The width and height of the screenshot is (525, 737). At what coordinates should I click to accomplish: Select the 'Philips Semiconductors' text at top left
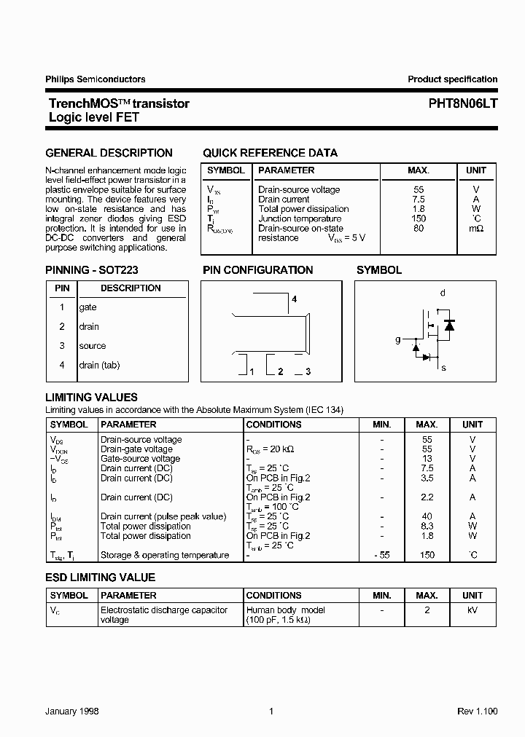[96, 79]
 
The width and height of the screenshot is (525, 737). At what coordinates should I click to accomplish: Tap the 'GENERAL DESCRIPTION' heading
[109, 153]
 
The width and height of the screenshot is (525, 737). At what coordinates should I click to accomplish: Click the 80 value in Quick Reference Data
[418, 229]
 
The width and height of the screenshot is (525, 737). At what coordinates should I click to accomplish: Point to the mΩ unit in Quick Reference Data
[475, 229]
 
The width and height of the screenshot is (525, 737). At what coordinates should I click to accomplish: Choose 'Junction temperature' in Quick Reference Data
[300, 218]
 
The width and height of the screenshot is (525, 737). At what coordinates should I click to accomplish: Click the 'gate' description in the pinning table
[88, 307]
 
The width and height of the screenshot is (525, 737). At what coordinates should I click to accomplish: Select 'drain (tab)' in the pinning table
[99, 365]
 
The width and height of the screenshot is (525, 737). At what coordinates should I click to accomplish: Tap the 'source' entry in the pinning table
[93, 346]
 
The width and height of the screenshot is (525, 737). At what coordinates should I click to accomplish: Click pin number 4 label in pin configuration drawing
[295, 299]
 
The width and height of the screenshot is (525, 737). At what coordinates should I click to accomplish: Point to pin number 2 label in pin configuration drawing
[280, 371]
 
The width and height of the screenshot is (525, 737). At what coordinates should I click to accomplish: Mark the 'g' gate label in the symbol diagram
[398, 339]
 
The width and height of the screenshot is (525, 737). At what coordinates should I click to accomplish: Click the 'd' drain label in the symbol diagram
[443, 293]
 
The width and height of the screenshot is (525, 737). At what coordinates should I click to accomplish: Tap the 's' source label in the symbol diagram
[443, 368]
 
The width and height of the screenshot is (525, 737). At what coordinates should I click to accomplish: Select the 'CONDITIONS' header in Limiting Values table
[274, 424]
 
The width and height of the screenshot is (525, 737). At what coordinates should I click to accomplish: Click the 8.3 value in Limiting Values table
[427, 526]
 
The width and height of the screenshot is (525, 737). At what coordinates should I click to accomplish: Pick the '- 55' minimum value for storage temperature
[381, 555]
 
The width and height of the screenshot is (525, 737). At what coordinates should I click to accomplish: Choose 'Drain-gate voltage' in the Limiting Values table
[136, 449]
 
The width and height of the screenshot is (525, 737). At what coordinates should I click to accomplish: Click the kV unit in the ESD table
[472, 610]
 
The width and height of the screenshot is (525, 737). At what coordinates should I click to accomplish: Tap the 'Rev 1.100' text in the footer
[477, 712]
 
